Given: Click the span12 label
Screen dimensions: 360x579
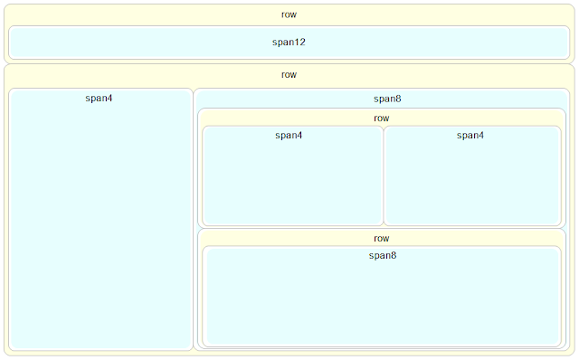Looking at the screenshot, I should point(289,43).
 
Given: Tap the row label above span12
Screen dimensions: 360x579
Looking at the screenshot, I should point(289,14).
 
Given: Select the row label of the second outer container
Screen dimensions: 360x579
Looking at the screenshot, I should point(289,75).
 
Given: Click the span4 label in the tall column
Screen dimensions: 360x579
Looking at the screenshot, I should point(99,98).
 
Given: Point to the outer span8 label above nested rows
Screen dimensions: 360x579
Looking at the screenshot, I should point(381,99).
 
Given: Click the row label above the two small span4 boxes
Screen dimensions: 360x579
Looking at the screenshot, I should point(381,118).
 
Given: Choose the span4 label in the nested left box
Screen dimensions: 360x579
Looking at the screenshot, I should point(289,136).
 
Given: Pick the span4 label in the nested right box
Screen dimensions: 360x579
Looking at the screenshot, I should point(470,136).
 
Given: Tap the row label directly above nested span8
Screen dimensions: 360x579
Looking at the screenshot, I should point(381,238).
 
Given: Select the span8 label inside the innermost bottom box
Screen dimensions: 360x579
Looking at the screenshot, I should point(382,256).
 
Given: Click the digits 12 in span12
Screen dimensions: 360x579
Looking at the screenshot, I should point(299,43).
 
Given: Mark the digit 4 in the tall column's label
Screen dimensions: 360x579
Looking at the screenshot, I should point(109,98).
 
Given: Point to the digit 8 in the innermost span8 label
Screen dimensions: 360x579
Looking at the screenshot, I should point(393,256).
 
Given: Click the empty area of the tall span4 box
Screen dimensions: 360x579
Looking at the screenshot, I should point(100,226).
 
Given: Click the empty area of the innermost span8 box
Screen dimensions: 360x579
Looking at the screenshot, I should point(382,303).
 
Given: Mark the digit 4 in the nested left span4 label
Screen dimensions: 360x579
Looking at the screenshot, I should point(299,136).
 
